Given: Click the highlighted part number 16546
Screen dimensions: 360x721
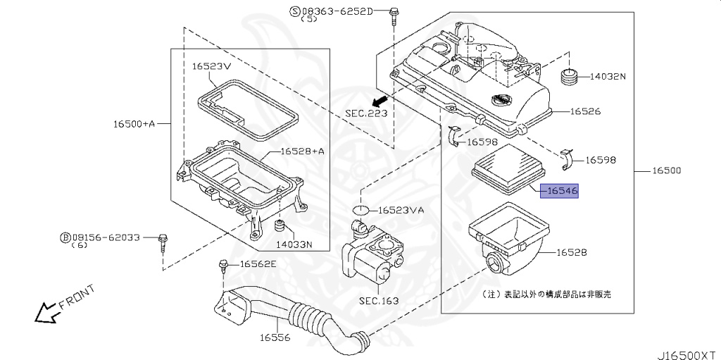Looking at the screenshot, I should point(559,190).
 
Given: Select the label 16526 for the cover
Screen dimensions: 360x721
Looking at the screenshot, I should point(585,111).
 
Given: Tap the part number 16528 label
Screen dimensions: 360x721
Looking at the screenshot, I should point(572,252).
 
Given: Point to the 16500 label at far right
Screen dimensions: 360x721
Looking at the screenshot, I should point(666,171).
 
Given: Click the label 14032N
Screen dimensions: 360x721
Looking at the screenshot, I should point(608,76).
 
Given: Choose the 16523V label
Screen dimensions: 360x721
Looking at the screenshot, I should point(211,66).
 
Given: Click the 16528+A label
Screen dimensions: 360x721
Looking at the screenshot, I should point(302,151).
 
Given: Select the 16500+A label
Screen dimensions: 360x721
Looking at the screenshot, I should point(134,123).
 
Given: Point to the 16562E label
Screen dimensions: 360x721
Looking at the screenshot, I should point(258,264).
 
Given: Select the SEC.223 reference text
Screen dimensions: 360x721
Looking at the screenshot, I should point(366,113).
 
